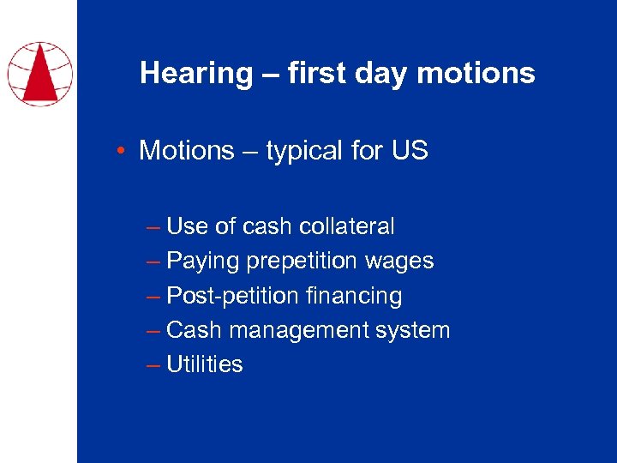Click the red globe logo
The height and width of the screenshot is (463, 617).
[x=39, y=73]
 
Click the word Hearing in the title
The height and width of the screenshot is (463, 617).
[x=196, y=74]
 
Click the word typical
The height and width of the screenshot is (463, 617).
[x=304, y=151]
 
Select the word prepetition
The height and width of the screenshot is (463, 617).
[x=297, y=261]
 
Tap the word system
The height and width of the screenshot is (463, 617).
[x=410, y=330]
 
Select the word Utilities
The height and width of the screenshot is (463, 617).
[x=205, y=364]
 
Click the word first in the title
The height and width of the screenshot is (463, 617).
[x=316, y=74]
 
